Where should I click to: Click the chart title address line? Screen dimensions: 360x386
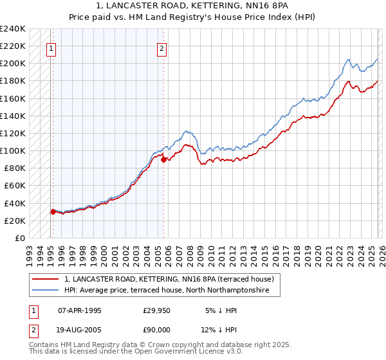[x=192, y=6]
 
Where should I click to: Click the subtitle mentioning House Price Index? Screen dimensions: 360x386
[x=192, y=17]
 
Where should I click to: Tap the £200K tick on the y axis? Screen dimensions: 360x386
[x=13, y=64]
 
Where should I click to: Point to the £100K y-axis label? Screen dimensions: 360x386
[x=13, y=151]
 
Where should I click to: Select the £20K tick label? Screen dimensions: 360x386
[x=15, y=221]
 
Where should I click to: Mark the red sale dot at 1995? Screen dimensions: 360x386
[x=53, y=212]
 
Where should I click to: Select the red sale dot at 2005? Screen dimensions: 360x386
[x=163, y=159]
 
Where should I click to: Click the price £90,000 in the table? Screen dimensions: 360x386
[x=156, y=330]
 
